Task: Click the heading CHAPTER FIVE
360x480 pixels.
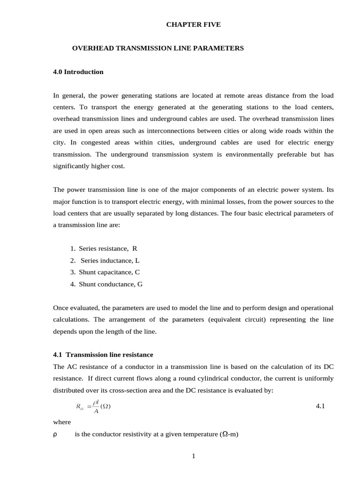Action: [193, 24]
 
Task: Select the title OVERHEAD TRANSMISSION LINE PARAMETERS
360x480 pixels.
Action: [157, 48]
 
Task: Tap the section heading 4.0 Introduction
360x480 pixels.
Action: [78, 72]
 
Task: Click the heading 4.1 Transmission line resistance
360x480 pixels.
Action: [103, 355]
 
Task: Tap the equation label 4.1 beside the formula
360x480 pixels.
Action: [321, 406]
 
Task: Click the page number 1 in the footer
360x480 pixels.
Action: [193, 457]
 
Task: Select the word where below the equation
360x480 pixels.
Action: [62, 422]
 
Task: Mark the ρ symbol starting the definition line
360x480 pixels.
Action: [55, 435]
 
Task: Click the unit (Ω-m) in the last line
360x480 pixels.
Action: [229, 435]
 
